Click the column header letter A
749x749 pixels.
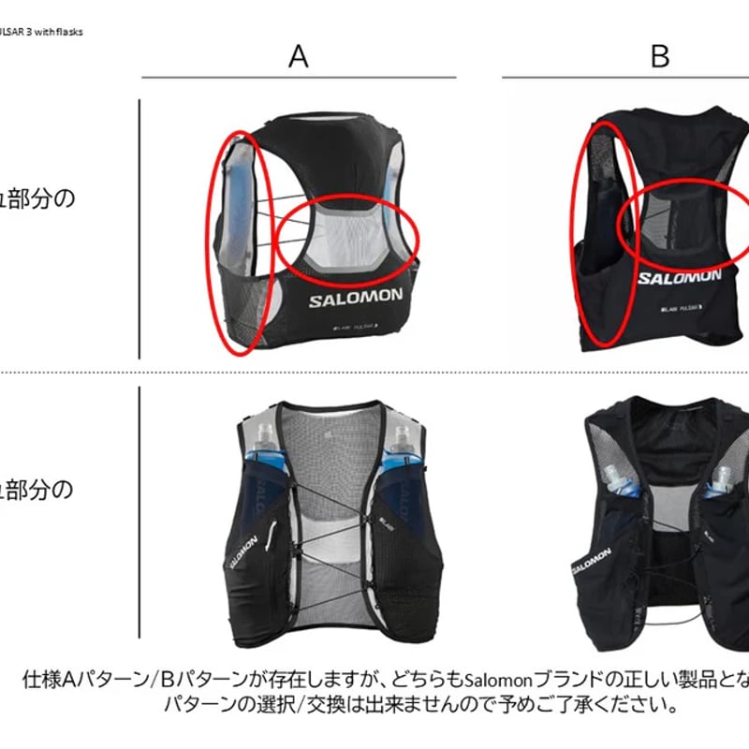[298, 56]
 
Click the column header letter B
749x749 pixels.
[660, 56]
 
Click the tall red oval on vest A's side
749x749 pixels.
[242, 242]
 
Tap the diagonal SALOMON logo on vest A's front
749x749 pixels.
[242, 551]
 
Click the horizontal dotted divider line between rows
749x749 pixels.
[374, 373]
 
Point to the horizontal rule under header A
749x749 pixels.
[298, 77]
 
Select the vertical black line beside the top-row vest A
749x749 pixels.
[140, 229]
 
